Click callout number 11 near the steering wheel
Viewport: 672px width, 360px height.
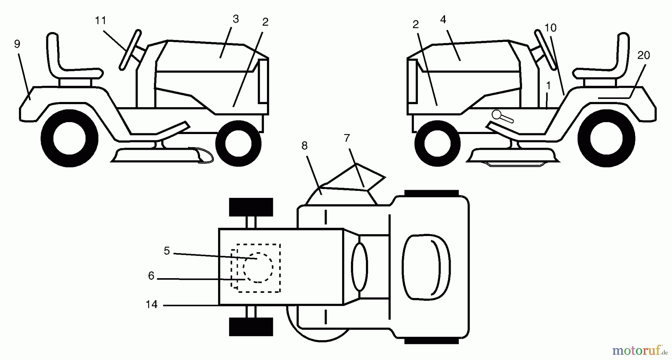coord(100,21)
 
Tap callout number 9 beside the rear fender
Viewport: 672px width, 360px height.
coord(17,44)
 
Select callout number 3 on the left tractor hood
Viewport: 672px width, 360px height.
coord(236,19)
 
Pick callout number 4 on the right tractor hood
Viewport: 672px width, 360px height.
coord(443,19)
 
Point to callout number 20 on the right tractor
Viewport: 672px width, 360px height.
coord(644,55)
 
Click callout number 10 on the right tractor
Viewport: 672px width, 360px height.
coord(551,28)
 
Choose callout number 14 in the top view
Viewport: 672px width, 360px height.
coord(152,305)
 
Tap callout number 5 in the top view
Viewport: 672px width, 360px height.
coord(167,251)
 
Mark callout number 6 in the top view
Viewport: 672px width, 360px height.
coord(151,276)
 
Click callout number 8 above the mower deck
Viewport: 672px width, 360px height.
coord(304,146)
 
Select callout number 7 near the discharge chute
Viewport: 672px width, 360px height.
coord(347,138)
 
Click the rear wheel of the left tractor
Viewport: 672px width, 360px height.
coord(69,138)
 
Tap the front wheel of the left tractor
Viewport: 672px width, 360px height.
coord(238,143)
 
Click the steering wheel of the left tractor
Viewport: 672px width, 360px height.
coord(130,50)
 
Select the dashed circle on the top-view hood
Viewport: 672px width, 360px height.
coord(258,268)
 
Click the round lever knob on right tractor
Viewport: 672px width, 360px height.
coord(498,114)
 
